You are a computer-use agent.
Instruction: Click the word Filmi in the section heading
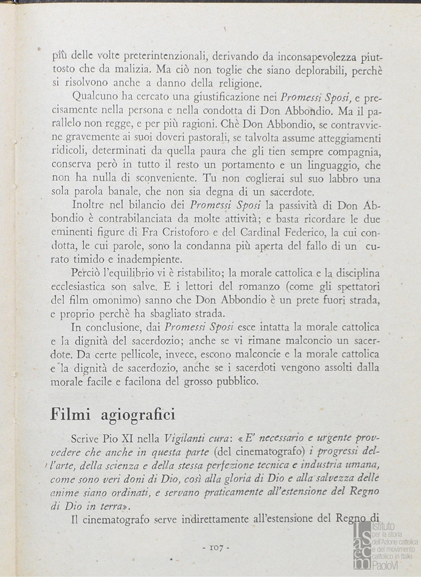[72, 414]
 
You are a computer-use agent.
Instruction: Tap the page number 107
[216, 547]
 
